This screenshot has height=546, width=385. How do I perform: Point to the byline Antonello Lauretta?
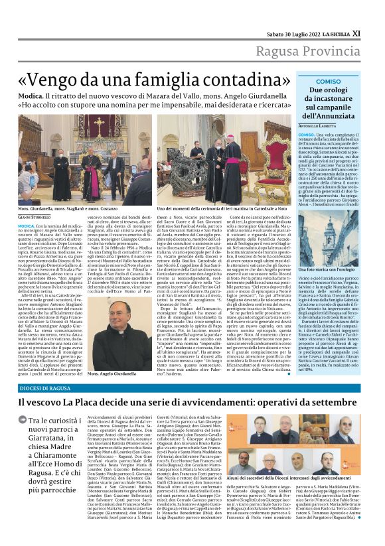coord(318,125)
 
